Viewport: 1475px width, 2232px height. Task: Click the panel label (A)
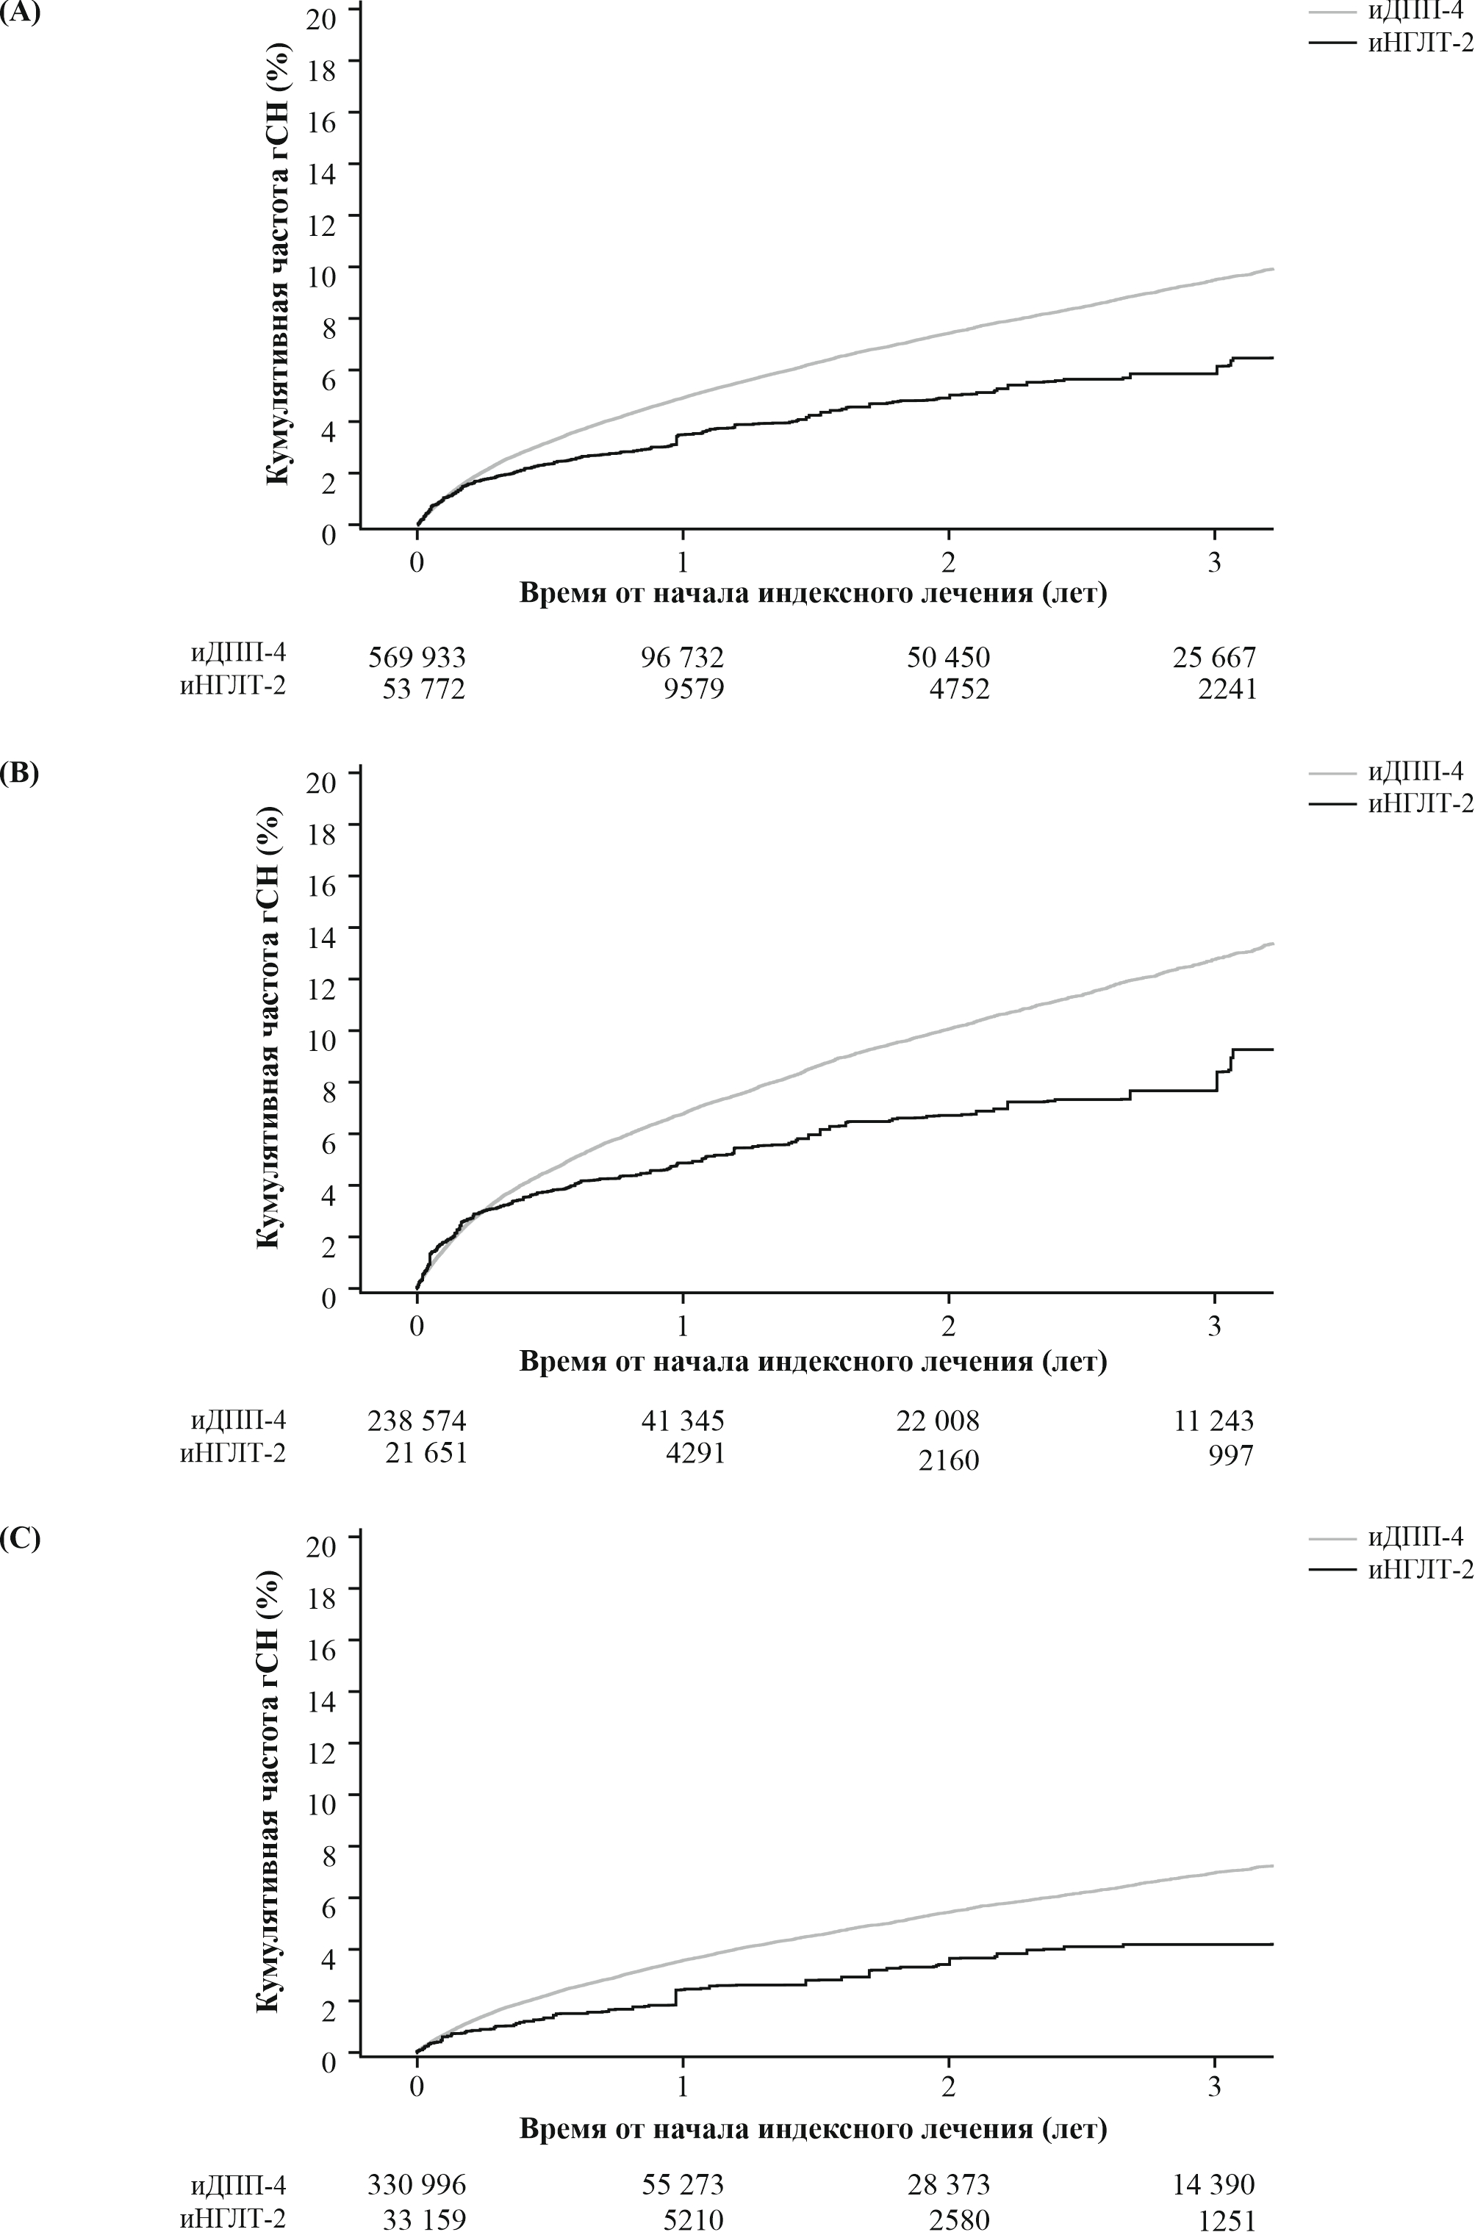pos(20,15)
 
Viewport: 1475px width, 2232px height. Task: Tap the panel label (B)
pos(20,775)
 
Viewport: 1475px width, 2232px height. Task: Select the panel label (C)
pos(20,1539)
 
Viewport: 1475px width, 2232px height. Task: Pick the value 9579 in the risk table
pos(695,689)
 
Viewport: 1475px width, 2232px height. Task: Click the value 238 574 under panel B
pos(417,1421)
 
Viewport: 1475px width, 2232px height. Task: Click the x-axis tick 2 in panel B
pos(949,1327)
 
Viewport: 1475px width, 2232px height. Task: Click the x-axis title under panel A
pos(813,594)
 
